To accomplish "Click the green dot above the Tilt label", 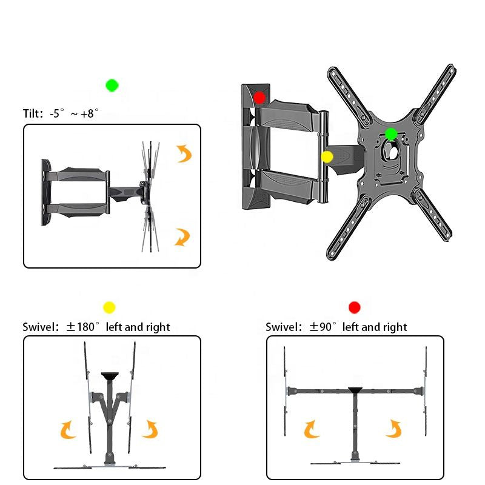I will coord(112,85).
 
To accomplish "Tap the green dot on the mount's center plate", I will coord(391,133).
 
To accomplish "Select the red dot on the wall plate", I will coord(259,97).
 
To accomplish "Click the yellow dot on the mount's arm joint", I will coord(327,157).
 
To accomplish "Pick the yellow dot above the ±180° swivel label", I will coord(109,307).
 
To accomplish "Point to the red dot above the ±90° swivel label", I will coord(355,307).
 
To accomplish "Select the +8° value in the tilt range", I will coord(88,113).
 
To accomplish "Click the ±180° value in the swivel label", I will coord(84,327).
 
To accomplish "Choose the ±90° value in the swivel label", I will coord(323,327).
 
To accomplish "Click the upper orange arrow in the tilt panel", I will coord(184,153).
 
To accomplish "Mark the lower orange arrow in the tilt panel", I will coord(182,236).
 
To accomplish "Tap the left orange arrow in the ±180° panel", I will coord(68,430).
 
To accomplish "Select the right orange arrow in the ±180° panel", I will coord(150,429).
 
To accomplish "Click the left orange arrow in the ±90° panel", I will coord(312,429).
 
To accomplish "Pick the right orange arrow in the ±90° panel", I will coord(393,428).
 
